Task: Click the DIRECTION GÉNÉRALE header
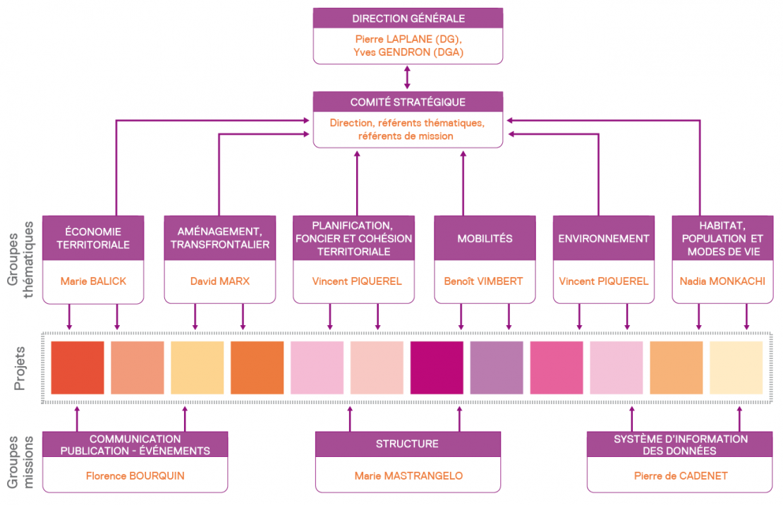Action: pyautogui.click(x=408, y=18)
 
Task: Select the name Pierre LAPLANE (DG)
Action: pyautogui.click(x=408, y=39)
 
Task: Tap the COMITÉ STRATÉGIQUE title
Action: pyautogui.click(x=408, y=102)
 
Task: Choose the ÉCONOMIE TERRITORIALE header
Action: pyautogui.click(x=93, y=238)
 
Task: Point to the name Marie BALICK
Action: pyautogui.click(x=93, y=281)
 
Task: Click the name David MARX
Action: pyautogui.click(x=219, y=281)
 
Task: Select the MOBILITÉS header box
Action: pyautogui.click(x=483, y=238)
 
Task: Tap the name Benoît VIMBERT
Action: pyautogui.click(x=483, y=281)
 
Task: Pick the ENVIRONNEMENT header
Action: pyautogui.click(x=604, y=238)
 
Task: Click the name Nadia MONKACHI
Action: pyautogui.click(x=722, y=281)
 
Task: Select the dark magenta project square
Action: pyautogui.click(x=437, y=367)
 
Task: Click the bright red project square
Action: pyautogui.click(x=78, y=367)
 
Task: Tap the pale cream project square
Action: pyautogui.click(x=736, y=367)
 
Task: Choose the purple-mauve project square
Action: pyautogui.click(x=497, y=367)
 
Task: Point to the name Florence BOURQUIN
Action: pyautogui.click(x=135, y=475)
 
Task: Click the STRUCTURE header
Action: pyautogui.click(x=407, y=444)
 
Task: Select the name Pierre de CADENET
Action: pyautogui.click(x=681, y=475)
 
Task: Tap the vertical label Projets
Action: pyautogui.click(x=20, y=368)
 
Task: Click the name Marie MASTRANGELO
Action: pyautogui.click(x=408, y=475)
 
